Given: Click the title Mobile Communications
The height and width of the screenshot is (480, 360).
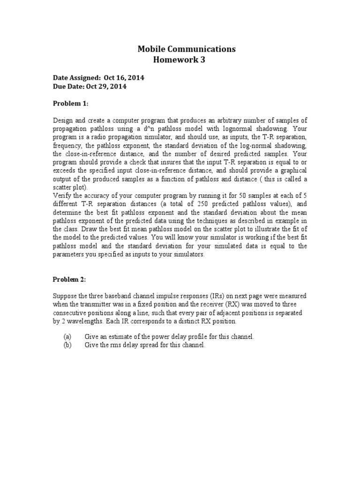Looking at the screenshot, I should (187, 49).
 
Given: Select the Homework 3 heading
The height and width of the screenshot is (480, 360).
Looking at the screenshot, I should (179, 60).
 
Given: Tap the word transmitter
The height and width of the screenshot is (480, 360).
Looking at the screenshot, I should (97, 304).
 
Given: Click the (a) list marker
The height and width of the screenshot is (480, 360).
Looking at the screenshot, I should (67, 337).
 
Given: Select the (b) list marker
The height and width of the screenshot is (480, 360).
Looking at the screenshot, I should (67, 345).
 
